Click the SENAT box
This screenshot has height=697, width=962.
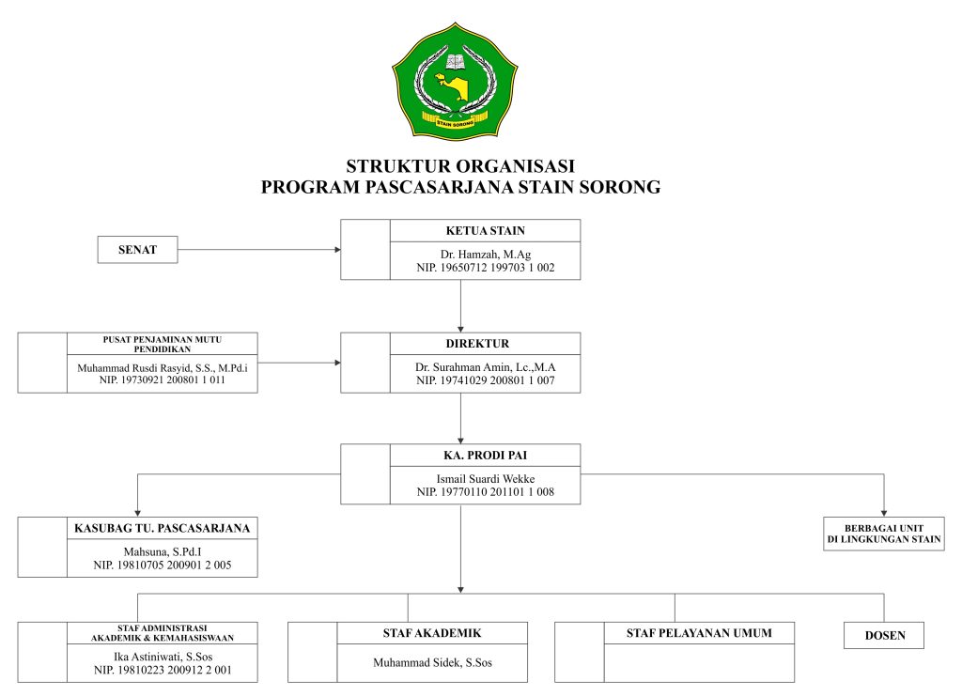[x=137, y=250]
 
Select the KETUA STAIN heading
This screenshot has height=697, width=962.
[x=485, y=230]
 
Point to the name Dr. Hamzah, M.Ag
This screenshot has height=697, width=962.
[x=485, y=255]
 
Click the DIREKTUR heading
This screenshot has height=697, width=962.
[x=485, y=343]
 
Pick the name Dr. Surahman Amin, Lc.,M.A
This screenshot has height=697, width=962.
[x=485, y=367]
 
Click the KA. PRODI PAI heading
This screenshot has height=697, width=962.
[x=485, y=456]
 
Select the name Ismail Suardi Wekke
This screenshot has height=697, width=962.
[x=485, y=479]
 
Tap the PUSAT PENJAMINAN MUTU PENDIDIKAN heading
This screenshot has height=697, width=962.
[x=162, y=343]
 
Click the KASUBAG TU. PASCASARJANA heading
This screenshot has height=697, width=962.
[x=162, y=528]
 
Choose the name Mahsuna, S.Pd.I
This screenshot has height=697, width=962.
[x=162, y=551]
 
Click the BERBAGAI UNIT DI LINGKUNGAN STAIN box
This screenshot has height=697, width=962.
[x=883, y=534]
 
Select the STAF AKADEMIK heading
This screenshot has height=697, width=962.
[x=432, y=632]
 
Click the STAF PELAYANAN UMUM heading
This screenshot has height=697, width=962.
[x=699, y=632]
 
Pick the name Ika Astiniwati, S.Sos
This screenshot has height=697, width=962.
[x=162, y=657]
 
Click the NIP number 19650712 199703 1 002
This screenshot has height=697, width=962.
[x=485, y=268]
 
